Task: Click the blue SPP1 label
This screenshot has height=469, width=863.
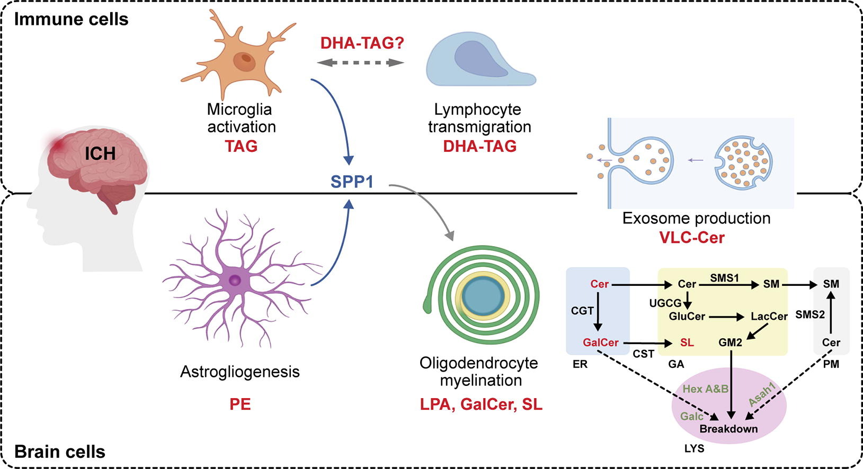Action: click(x=352, y=182)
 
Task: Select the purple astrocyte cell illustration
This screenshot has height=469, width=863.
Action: click(x=236, y=279)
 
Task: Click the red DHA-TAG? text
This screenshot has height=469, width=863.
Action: click(x=362, y=43)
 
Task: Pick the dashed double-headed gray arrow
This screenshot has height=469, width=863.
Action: click(x=360, y=62)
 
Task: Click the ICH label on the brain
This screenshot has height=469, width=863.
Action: click(x=100, y=154)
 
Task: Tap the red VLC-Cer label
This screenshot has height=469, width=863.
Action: click(x=691, y=238)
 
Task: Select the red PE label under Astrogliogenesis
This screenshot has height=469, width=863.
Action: click(x=240, y=404)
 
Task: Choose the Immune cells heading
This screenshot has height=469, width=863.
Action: click(x=71, y=19)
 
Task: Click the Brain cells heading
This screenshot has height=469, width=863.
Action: click(x=60, y=452)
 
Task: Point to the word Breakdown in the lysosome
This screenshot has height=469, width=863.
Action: click(x=728, y=429)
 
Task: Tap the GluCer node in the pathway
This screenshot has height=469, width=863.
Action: click(x=687, y=317)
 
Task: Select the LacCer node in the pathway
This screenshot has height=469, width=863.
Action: click(x=769, y=317)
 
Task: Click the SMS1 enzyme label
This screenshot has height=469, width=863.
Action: click(x=724, y=278)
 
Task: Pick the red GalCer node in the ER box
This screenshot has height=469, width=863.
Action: click(x=600, y=342)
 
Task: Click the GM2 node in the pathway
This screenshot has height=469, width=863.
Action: click(x=730, y=342)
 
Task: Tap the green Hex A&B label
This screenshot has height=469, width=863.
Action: click(x=705, y=389)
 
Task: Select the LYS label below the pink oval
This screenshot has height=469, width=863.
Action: click(x=694, y=449)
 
